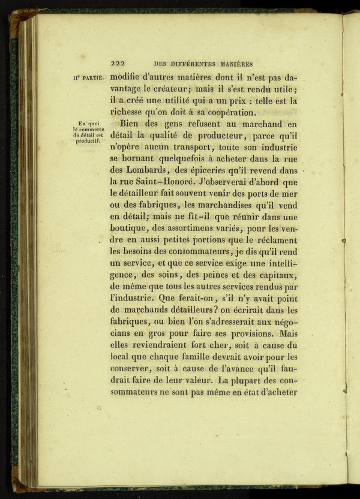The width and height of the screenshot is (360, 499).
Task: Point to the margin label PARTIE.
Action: (92, 77)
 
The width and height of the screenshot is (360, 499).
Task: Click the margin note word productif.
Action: (87, 142)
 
